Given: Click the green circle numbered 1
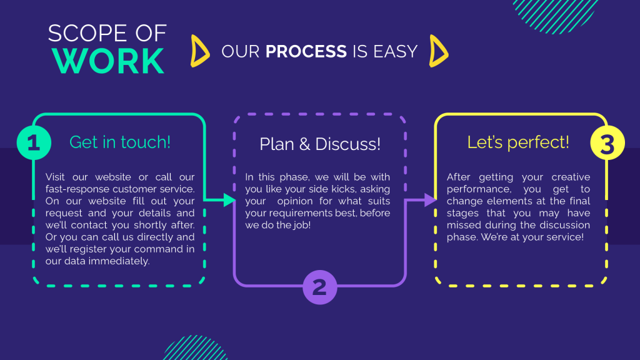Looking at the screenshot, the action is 34,142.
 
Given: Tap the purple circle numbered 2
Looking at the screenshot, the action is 320,287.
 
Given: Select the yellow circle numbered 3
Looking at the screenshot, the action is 607,143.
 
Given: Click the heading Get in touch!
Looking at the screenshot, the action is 120,142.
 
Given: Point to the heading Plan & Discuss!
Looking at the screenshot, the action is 320,144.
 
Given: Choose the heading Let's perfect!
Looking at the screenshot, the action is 518,142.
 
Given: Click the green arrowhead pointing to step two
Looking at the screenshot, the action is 229,200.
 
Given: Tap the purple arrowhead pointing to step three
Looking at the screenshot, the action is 431,200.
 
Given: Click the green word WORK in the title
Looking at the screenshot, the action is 108,61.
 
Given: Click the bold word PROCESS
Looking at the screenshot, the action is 306,51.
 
